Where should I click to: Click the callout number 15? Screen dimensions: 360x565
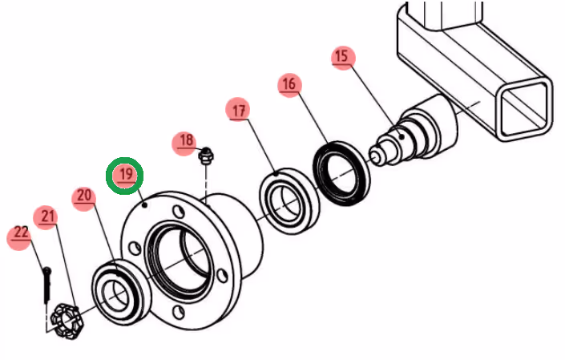coord(342,58)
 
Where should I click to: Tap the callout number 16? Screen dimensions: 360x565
coord(289,83)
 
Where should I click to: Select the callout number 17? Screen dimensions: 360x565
coord(238,111)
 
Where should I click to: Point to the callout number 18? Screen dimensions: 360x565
coord(186,142)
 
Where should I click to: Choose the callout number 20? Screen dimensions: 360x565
coord(83,196)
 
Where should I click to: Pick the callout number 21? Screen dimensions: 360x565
coord(48,216)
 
